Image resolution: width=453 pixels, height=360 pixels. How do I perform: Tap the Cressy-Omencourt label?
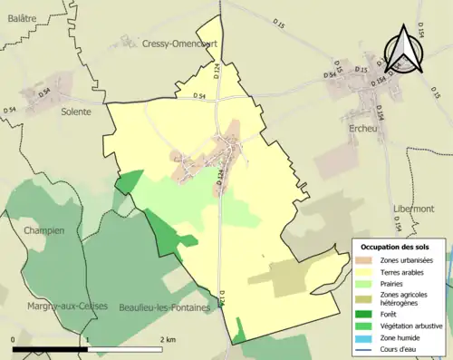click(176, 43)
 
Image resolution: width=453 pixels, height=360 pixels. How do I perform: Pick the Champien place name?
click(44, 230)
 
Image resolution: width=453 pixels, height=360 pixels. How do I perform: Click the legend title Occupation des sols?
click(396, 248)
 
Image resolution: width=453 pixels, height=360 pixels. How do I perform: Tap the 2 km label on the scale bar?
click(168, 339)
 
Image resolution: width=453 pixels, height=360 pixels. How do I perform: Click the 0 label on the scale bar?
click(14, 339)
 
